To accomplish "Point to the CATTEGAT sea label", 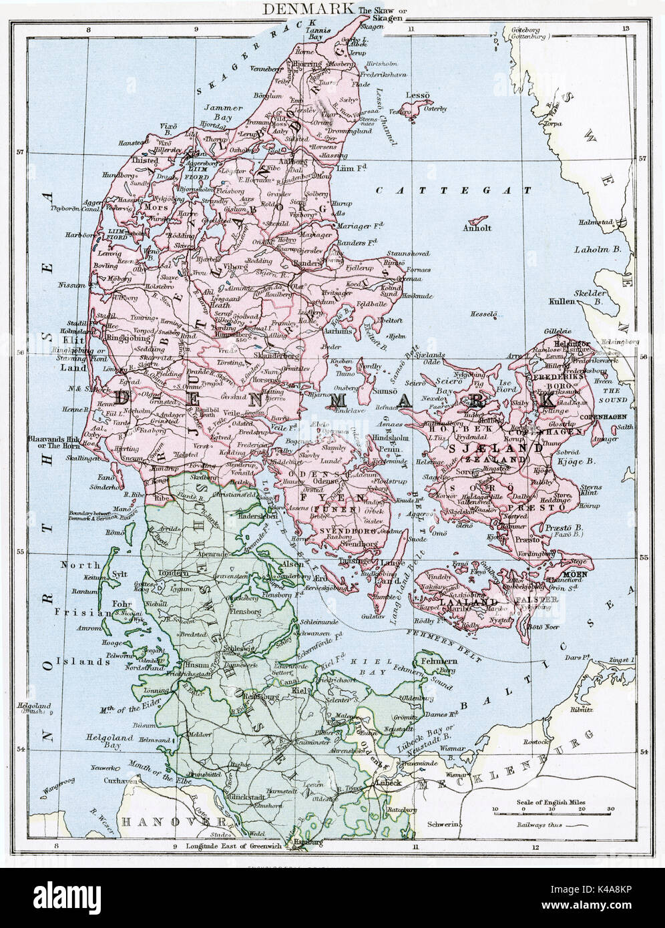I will [x=454, y=190].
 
